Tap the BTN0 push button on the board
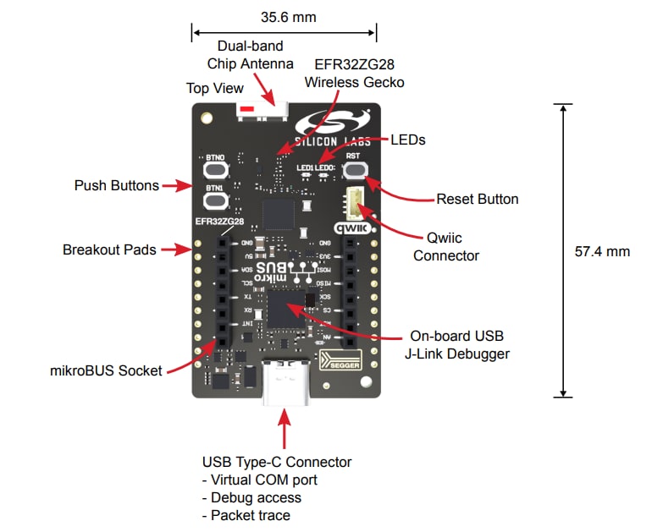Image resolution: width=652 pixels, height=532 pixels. (215, 169)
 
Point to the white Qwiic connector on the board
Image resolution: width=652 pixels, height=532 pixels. (355, 204)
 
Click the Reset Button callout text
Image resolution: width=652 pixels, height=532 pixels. (477, 200)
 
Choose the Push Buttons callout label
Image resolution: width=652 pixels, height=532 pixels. (116, 185)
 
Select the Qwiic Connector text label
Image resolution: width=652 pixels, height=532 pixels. (446, 247)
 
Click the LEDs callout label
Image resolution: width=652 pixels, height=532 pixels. (407, 140)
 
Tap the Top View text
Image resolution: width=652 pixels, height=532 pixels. (214, 88)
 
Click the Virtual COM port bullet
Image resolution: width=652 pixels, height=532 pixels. (258, 480)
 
